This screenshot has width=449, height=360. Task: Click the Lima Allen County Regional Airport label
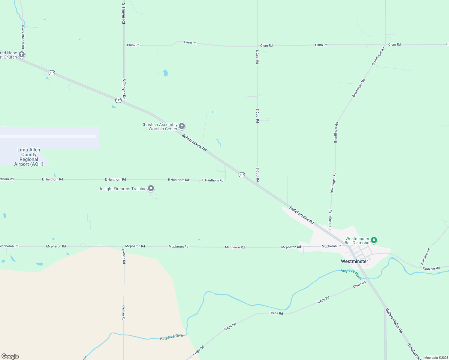tap(29, 157)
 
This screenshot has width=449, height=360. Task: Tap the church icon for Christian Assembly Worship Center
tap(182, 126)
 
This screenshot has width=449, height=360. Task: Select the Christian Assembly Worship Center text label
tap(159, 127)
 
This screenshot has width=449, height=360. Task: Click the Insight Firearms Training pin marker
tap(151, 188)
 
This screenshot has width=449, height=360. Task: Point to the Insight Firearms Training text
tap(123, 189)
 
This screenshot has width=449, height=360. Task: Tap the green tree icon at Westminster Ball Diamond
tap(374, 240)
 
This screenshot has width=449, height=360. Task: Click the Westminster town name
tap(354, 261)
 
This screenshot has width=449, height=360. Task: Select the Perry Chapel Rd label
tap(23, 37)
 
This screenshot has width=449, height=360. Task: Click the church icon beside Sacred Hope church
tap(22, 55)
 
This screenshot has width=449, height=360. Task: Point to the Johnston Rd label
tap(425, 256)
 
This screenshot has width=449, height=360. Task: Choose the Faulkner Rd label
tap(431, 268)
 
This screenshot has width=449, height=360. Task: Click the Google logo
tap(10, 356)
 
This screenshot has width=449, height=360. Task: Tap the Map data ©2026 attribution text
tap(436, 358)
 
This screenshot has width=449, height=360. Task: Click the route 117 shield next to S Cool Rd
tap(242, 175)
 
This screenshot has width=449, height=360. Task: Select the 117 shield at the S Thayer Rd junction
tap(118, 100)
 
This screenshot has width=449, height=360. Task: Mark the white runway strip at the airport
tap(48, 136)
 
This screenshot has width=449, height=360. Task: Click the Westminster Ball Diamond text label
tap(357, 241)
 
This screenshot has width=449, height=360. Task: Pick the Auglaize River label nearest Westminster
tap(351, 273)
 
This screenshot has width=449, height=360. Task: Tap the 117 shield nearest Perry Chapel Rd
tap(52, 73)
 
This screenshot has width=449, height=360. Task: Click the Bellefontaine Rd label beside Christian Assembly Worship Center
tap(194, 142)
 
